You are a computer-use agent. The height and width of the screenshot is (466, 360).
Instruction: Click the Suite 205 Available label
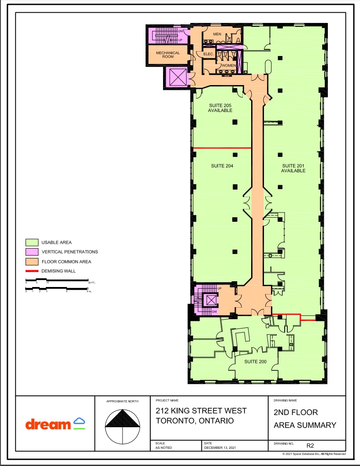220,108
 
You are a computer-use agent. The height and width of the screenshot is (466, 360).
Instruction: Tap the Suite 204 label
222,166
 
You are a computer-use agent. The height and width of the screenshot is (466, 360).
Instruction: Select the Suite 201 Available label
293,168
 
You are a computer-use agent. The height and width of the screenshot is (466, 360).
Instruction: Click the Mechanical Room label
168,55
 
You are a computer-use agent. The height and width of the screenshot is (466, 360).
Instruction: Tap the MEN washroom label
217,34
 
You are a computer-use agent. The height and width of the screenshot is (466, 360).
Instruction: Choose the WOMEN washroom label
228,66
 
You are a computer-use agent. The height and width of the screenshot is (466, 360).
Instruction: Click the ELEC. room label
208,54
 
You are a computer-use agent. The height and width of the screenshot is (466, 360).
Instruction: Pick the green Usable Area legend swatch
31,242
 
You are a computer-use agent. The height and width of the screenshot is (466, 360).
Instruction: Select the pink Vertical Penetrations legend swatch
31,252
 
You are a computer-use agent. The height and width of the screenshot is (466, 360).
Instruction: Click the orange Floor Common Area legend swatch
31,262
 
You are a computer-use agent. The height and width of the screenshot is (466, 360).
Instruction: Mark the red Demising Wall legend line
31,271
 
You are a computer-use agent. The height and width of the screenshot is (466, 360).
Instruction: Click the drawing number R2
310,445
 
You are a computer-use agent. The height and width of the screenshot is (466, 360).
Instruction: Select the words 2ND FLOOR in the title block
296,413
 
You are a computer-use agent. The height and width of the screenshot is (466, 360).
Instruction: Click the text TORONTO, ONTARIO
195,421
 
